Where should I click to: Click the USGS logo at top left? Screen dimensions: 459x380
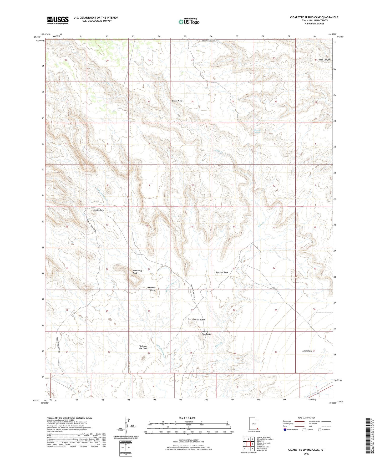[x=58, y=20]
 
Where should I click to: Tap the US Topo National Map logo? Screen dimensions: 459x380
[x=189, y=22]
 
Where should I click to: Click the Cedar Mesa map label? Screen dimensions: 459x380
[x=177, y=101]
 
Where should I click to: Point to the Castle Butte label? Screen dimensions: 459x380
[x=99, y=210]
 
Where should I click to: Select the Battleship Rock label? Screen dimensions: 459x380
[x=137, y=272]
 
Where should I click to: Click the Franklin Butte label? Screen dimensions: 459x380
[x=152, y=289]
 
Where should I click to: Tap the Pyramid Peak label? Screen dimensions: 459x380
[x=222, y=272]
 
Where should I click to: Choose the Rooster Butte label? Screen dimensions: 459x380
[x=198, y=320]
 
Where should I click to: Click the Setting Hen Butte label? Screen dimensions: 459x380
[x=206, y=333]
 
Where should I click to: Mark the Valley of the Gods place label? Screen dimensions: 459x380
[x=143, y=347]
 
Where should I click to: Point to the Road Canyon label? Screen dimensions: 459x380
[x=324, y=60]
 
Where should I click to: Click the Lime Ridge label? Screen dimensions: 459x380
[x=307, y=351]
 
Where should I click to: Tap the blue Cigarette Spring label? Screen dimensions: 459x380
[x=257, y=131]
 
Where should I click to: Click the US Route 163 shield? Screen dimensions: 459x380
[x=317, y=393]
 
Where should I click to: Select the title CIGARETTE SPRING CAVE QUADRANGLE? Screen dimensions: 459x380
[x=314, y=17]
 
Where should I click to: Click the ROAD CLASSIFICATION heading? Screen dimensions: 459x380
[x=306, y=418]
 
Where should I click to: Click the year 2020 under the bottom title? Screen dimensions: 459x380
[x=306, y=453]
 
